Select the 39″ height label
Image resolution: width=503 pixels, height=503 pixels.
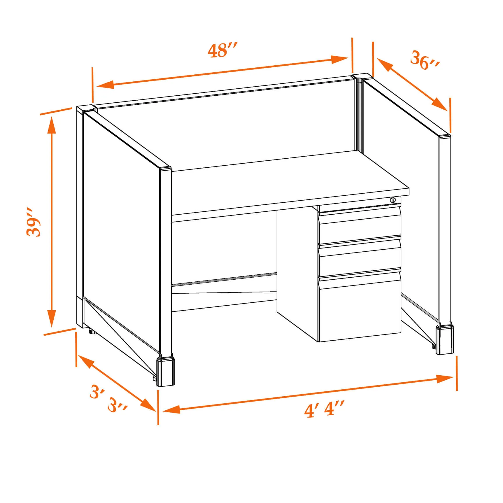[x=33, y=222]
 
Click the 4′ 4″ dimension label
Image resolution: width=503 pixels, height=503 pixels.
[x=324, y=409]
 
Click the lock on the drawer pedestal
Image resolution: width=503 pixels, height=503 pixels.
[x=393, y=200]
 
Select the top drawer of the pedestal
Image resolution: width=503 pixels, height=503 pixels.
[x=360, y=225]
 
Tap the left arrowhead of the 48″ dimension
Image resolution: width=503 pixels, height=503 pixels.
[x=105, y=85]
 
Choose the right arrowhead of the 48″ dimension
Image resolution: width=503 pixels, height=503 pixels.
[x=340, y=59]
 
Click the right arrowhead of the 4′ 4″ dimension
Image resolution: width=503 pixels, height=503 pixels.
[x=445, y=378]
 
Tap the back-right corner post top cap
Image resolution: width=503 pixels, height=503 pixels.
[x=362, y=77]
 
